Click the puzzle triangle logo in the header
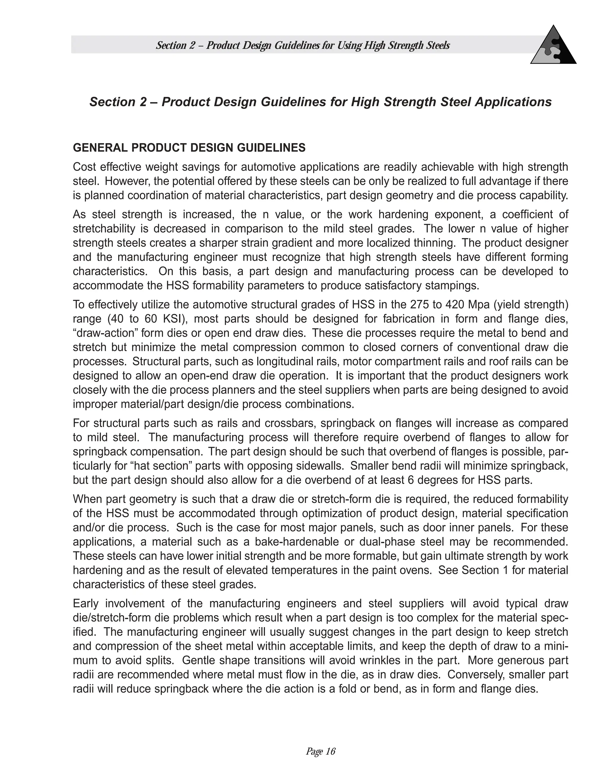click(x=553, y=47)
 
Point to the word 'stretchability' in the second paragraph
click(x=104, y=229)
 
